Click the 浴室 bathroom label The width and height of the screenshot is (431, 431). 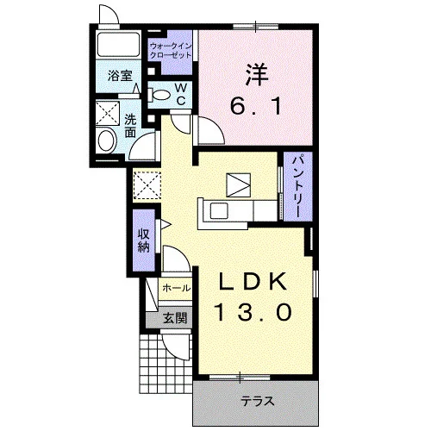[120, 76]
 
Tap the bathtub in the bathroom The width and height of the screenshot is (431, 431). [118, 45]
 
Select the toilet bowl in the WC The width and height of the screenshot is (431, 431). [159, 95]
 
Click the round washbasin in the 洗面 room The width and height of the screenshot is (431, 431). [107, 141]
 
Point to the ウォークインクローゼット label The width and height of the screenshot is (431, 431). [171, 51]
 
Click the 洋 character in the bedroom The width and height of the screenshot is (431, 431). [257, 75]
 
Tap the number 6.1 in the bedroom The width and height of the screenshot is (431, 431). [255, 106]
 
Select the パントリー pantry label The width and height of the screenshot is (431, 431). [297, 186]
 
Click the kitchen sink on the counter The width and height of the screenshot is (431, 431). [219, 210]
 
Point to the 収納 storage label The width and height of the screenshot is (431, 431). [144, 240]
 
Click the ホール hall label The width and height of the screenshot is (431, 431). [176, 288]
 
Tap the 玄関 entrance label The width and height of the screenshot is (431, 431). [175, 318]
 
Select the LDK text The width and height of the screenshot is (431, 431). [253, 281]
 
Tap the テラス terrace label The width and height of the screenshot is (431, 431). [258, 401]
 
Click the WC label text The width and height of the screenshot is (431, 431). [180, 94]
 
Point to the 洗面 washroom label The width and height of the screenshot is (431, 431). [130, 126]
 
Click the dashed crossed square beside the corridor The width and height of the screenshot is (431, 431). [147, 185]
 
